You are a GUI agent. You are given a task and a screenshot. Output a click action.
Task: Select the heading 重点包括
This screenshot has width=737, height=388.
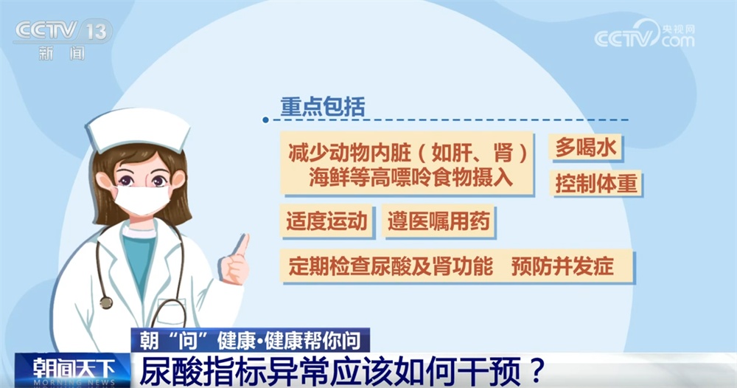coord(322,107)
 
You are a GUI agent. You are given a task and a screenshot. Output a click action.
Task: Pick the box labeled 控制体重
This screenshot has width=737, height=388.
coord(596,183)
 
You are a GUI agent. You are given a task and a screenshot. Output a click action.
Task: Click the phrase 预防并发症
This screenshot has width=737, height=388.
coord(562,266)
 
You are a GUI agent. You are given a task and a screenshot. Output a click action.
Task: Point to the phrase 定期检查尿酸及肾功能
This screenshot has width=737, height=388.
coord(391,266)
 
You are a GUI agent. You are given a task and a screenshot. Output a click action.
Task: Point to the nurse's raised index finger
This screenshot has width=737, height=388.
coord(242,244)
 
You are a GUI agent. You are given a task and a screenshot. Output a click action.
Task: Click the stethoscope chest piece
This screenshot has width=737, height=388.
coord(106,302)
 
